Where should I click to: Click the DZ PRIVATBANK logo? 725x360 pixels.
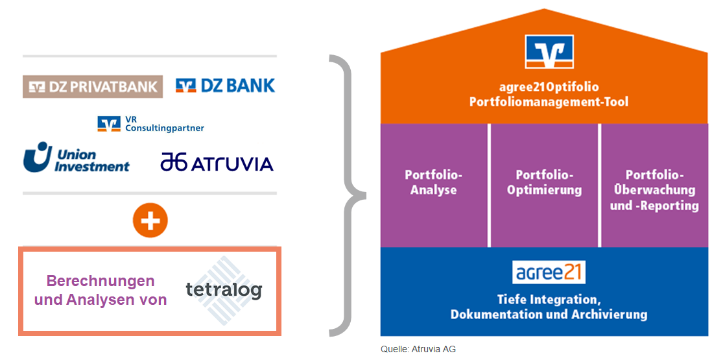(93, 86)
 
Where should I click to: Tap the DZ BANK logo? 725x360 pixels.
(225, 86)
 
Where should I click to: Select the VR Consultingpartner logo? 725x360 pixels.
(150, 124)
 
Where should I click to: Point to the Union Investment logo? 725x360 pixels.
(77, 158)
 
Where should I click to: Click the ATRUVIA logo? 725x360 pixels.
(217, 163)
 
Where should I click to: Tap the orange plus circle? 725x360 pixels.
(150, 221)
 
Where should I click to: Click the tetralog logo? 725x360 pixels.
(224, 290)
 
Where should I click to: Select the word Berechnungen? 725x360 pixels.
(101, 281)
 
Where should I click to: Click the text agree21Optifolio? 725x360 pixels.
(549, 88)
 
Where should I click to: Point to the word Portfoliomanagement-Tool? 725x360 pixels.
(549, 102)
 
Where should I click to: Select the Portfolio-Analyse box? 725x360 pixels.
(434, 185)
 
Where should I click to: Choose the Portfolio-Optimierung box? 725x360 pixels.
(544, 185)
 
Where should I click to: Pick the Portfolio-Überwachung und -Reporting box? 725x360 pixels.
(654, 185)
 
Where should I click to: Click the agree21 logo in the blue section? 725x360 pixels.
(549, 272)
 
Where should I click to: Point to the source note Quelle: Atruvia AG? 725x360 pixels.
(418, 350)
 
